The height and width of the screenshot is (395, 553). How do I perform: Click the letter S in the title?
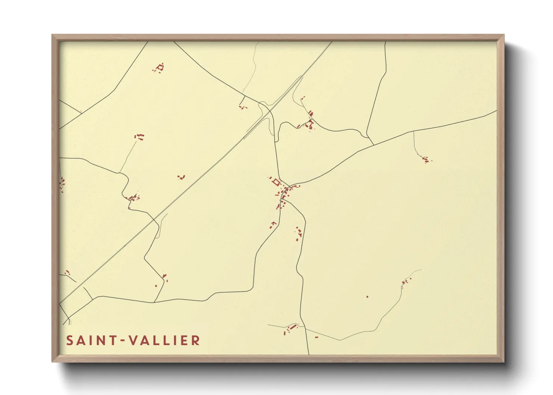[x=70, y=340]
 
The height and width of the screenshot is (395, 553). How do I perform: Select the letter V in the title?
[x=133, y=340]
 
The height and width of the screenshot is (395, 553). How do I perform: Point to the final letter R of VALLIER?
[x=195, y=340]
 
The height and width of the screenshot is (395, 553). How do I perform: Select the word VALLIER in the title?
[x=164, y=340]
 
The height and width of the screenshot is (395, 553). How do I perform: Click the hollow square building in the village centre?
[x=276, y=182]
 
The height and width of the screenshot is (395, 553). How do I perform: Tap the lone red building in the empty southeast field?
[x=367, y=297]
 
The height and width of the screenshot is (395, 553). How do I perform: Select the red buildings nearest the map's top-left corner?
[x=160, y=68]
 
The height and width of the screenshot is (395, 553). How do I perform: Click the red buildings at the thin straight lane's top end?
[x=140, y=137]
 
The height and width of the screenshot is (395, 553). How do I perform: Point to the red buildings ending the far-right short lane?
[x=426, y=160]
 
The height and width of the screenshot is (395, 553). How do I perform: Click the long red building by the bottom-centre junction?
[x=293, y=327]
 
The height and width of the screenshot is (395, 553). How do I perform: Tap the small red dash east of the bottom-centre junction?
[x=316, y=337]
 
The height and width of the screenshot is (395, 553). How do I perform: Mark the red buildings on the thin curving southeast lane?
[x=405, y=281]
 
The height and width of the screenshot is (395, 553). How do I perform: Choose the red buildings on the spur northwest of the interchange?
[x=243, y=107]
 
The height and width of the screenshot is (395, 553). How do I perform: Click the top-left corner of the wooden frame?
[x=52, y=35]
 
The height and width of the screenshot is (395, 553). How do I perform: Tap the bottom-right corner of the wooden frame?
[x=504, y=361]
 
